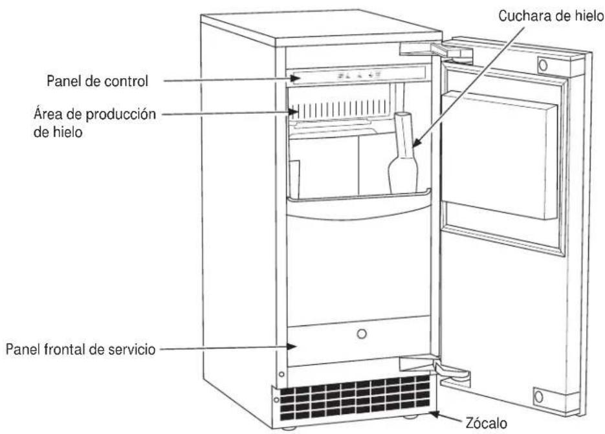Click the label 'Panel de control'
(x=97, y=81)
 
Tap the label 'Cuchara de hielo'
(x=551, y=16)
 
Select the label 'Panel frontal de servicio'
(x=80, y=349)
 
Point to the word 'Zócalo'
(x=486, y=423)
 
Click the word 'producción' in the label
(x=120, y=114)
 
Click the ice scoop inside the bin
(x=403, y=153)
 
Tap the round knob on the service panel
(x=362, y=334)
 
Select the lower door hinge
(x=436, y=369)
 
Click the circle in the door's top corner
(x=543, y=65)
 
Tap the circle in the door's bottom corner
(x=539, y=396)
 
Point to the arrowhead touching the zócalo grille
(x=434, y=415)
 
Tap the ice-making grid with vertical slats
(x=340, y=109)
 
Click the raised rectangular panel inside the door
(x=500, y=155)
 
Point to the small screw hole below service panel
(x=281, y=374)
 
